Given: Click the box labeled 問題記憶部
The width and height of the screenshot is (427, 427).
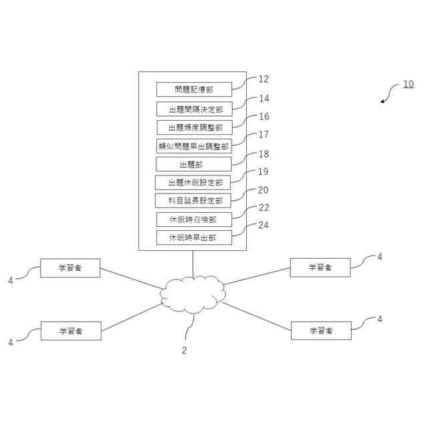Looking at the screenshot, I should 193,89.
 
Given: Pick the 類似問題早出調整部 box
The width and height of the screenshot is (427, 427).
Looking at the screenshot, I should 194,146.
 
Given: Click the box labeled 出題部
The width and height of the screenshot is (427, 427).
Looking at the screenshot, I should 193,164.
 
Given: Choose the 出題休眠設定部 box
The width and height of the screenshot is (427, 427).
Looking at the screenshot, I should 194,183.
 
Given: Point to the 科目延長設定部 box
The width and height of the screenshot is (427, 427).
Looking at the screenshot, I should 194,201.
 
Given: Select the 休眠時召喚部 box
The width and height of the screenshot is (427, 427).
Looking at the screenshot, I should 194,220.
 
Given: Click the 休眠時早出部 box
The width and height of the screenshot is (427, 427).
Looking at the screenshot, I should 194,238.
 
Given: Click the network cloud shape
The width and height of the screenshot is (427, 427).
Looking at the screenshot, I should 192,294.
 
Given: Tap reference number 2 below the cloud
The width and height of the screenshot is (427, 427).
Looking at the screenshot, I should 185,350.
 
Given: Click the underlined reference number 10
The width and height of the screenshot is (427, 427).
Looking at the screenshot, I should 408,85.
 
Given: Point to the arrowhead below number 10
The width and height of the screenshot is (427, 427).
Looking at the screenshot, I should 383,101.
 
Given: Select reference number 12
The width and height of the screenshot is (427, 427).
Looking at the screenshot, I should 264,79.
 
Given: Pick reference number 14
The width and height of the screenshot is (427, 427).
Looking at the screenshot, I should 264,98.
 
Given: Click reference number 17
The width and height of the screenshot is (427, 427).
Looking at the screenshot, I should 264,135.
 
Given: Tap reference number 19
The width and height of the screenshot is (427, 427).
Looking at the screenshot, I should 264,171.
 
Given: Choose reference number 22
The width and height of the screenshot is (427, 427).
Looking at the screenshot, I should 264,208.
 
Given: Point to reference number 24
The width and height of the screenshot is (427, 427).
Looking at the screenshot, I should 264,226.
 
